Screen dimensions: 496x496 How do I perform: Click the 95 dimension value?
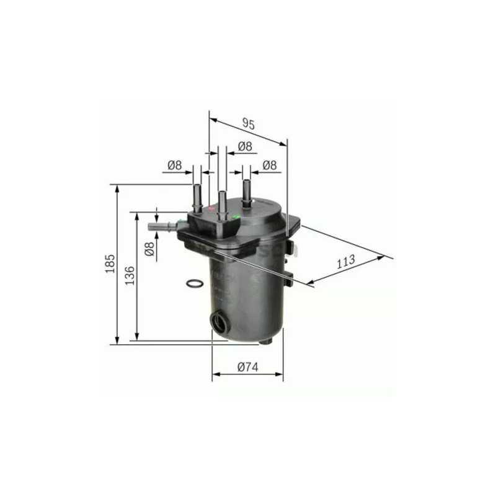pos(248,123)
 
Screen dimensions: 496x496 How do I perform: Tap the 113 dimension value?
pos(346,261)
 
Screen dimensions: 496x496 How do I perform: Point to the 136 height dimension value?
pos(130,275)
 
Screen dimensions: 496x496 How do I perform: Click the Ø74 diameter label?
pos(247,367)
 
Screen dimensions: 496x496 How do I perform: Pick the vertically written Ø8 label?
pos(149,249)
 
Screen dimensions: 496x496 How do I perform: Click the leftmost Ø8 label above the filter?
pos(174,165)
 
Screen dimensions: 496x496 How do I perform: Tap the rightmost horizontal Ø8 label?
pos(269,165)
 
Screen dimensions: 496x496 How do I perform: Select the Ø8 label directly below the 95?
pos(245,146)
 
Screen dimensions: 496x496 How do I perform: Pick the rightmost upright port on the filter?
pos(247,193)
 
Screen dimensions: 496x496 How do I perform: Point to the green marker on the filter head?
pos(236,217)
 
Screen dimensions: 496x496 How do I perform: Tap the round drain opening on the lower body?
pos(219,322)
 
